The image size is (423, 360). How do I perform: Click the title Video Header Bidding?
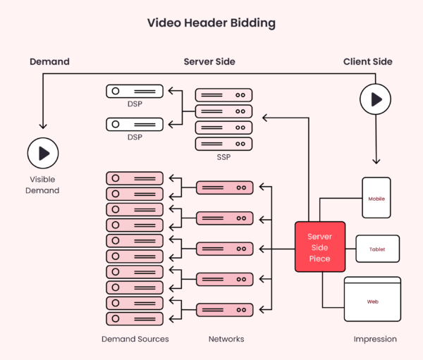pos(211,23)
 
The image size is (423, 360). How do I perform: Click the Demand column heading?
pos(49,62)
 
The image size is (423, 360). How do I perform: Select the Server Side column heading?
pos(209,62)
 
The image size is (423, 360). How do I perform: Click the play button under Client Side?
pos(375,99)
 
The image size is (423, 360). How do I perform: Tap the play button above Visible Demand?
pos(43,153)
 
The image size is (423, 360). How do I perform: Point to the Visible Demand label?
pos(42,185)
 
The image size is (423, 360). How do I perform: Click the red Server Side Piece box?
pos(319,247)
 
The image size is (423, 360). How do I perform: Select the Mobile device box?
pos(376,198)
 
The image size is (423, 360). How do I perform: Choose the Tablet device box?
pos(377,249)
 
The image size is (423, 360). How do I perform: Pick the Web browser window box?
pos(372,301)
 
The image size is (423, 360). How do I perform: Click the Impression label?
pos(375,339)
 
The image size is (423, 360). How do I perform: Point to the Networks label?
pos(226,339)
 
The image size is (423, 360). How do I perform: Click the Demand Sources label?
pos(135,339)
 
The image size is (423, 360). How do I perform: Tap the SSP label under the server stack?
pos(223,157)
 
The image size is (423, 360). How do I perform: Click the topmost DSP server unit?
pos(135,91)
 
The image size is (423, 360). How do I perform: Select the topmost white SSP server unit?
pos(223,94)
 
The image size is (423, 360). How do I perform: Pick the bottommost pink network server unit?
pos(223,309)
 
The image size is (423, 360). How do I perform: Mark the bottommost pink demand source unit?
pos(135,318)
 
